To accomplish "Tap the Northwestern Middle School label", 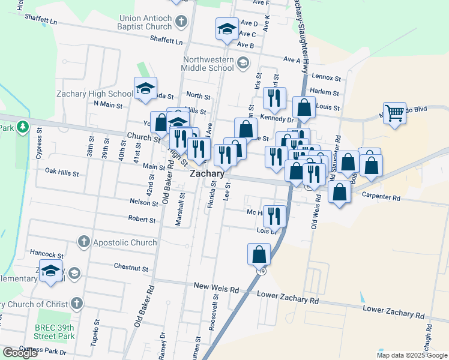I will (x=200, y=64).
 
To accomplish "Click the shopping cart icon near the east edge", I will (x=394, y=112).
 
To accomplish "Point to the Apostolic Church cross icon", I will (x=85, y=242).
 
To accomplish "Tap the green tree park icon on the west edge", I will (x=22, y=127).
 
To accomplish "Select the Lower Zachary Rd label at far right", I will (x=394, y=312).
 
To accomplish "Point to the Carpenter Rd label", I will (x=381, y=197).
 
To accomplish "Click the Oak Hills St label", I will (x=62, y=172).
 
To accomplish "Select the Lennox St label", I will (x=327, y=78).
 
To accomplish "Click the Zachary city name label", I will (x=207, y=173).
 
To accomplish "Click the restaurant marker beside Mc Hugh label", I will (x=274, y=215).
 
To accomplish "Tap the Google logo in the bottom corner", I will (x=20, y=352).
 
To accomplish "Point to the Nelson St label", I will (x=143, y=202).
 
